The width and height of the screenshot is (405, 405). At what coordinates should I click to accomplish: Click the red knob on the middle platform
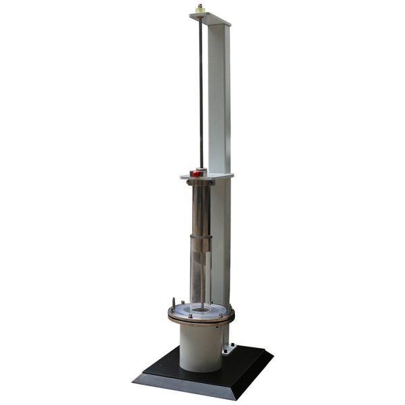tap(196, 173)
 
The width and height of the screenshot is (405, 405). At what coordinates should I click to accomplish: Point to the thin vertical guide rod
tap(200, 88)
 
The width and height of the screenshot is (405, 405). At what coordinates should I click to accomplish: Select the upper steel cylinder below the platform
tap(200, 209)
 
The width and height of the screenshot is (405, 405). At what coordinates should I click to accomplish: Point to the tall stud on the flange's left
tap(173, 302)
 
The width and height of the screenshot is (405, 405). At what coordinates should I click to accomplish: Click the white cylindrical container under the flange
tap(200, 348)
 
